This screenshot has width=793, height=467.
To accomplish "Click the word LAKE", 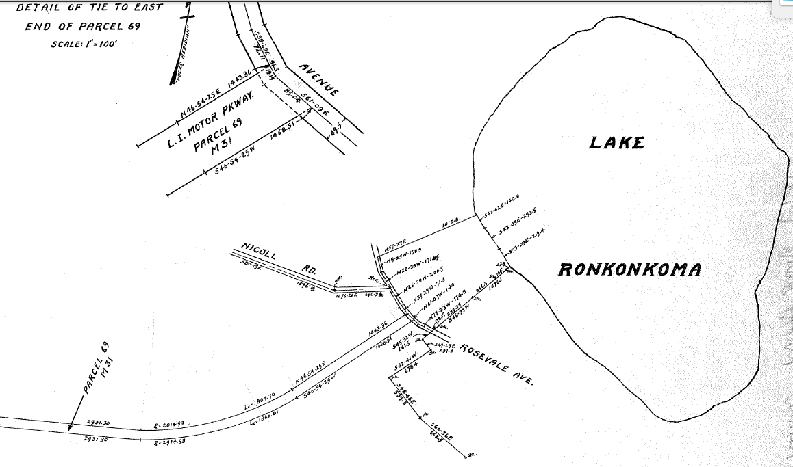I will click(617, 143).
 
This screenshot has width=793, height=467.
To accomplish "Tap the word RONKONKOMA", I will click(629, 269).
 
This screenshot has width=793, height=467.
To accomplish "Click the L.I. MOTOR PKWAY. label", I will click(211, 121).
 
